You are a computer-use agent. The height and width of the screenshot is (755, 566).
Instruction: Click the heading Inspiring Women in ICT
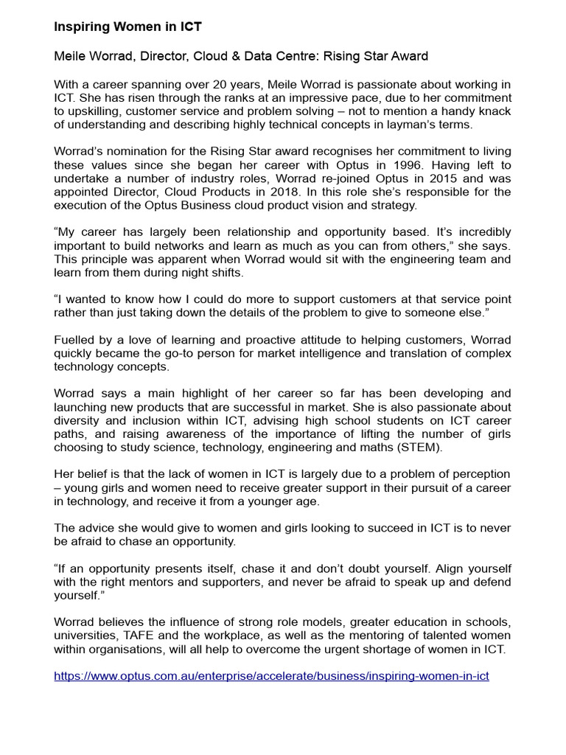click(x=127, y=27)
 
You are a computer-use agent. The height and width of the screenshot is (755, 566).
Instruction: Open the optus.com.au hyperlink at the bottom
click(x=271, y=675)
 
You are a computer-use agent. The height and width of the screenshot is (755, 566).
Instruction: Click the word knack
click(x=495, y=111)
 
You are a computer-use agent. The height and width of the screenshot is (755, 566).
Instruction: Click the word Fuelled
click(x=75, y=340)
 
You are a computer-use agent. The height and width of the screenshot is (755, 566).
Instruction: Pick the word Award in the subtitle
click(x=409, y=56)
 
